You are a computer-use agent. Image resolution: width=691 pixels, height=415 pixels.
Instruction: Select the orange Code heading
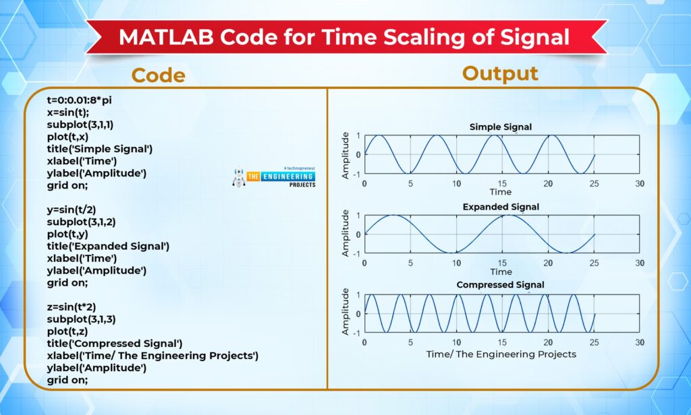tap(158, 75)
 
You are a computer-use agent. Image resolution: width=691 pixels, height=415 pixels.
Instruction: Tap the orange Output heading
tap(500, 73)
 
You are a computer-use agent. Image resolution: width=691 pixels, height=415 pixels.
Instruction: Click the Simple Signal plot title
tap(501, 127)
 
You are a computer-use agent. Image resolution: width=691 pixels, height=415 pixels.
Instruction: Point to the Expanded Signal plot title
tap(501, 207)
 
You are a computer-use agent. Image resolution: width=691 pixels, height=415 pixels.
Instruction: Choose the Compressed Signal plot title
tap(500, 285)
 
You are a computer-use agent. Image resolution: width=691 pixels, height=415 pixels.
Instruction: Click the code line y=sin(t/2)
tap(72, 210)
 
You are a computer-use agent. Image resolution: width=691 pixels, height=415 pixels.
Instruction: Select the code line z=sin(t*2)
tap(72, 307)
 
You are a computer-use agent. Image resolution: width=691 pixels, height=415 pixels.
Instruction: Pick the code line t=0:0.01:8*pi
tap(80, 100)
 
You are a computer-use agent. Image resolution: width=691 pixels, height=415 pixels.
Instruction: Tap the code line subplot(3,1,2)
tap(81, 222)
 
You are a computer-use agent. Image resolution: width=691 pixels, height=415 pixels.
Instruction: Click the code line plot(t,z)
tap(67, 331)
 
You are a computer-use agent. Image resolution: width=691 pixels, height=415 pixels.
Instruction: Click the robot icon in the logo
tap(238, 177)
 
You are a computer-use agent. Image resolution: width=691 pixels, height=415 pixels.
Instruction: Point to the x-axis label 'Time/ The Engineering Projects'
tap(501, 354)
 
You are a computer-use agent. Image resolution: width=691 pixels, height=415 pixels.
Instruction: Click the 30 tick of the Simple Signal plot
tap(640, 183)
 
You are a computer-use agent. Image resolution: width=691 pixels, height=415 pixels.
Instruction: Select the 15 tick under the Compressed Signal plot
tap(502, 342)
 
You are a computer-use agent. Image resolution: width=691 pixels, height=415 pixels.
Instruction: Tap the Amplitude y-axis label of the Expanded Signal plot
tap(345, 233)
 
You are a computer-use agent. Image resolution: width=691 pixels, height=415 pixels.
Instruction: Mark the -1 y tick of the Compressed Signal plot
tap(356, 333)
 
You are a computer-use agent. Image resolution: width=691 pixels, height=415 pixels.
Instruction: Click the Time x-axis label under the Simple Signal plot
tap(501, 192)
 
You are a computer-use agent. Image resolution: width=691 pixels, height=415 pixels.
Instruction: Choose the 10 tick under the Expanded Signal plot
tap(456, 263)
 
